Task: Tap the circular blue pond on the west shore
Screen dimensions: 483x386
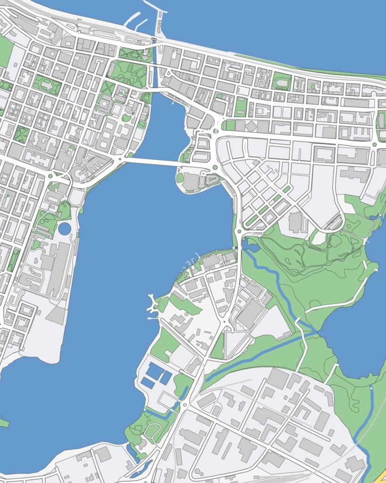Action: click(x=65, y=229)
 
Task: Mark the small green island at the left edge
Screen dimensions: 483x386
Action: click(x=4, y=422)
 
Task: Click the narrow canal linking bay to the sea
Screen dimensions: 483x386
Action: click(x=154, y=66)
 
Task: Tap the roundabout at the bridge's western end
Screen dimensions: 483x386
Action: click(x=120, y=160)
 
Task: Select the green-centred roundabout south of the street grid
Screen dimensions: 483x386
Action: click(x=239, y=231)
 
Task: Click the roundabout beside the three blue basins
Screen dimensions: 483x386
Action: click(x=185, y=405)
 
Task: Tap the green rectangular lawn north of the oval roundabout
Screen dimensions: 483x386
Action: click(x=241, y=107)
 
